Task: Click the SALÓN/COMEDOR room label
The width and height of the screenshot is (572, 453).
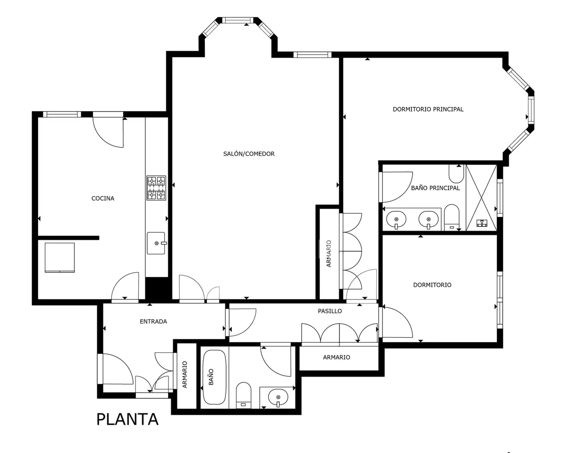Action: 249,154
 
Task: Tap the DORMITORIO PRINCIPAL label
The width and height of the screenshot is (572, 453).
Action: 428,109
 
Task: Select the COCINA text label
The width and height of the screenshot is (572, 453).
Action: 103,198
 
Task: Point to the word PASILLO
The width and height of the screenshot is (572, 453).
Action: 330,311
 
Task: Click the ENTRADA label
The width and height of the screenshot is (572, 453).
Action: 153,321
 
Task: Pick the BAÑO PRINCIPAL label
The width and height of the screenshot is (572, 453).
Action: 435,188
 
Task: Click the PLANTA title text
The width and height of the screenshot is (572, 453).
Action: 127,419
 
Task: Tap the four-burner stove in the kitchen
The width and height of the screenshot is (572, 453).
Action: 156,188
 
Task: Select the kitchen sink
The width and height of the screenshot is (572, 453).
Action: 156,243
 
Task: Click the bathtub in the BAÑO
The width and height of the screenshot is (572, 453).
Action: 214,377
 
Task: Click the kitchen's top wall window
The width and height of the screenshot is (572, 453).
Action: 62,114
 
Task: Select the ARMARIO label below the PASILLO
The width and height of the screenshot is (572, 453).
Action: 336,357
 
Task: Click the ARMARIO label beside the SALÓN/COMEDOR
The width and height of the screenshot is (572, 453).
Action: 329,254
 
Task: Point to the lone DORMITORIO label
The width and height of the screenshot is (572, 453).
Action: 432,285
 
